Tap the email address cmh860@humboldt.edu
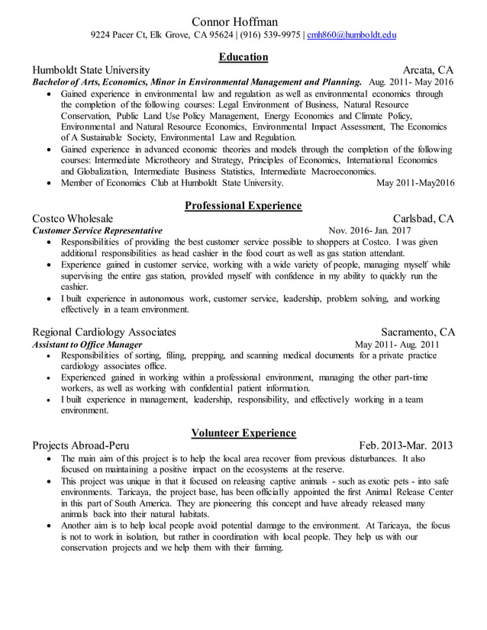click(351, 35)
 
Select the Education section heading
click(243, 56)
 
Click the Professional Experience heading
click(243, 205)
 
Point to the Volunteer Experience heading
click(243, 433)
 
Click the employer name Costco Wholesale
click(73, 219)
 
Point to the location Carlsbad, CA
click(423, 219)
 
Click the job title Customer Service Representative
click(97, 230)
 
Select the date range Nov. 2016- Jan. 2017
click(369, 230)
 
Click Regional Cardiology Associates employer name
click(105, 332)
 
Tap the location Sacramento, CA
click(418, 332)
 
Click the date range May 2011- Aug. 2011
click(397, 344)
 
